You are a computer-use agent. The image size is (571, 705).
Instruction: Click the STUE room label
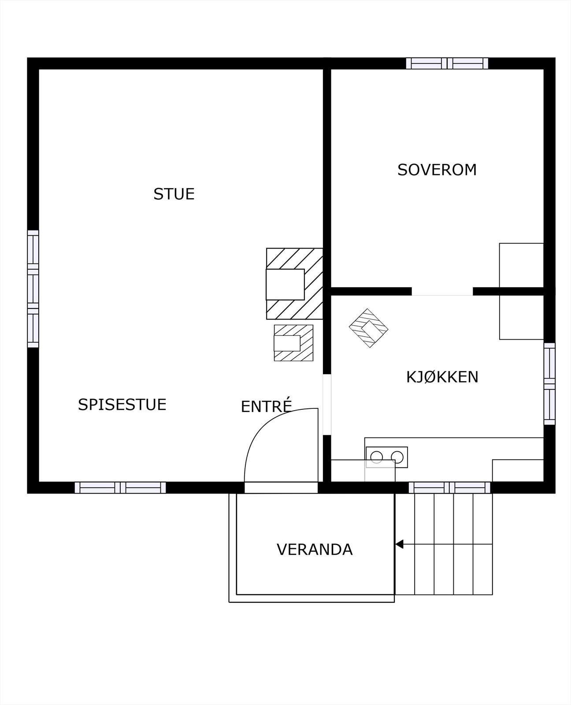174,194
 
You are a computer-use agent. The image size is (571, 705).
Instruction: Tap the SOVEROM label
437,170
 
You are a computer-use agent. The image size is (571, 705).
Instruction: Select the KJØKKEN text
442,377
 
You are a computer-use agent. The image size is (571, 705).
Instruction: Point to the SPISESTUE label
122,404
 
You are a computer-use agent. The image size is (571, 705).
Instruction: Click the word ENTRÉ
267,405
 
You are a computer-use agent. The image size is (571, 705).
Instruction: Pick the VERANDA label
315,550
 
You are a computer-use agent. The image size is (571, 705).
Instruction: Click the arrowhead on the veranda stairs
399,544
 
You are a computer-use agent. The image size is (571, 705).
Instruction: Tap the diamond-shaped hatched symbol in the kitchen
368,328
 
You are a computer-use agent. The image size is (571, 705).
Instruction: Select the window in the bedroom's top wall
447,63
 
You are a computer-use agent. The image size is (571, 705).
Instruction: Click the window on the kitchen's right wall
549,384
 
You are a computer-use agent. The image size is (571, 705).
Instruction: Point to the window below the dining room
120,487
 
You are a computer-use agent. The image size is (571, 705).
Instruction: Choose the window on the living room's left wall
33,289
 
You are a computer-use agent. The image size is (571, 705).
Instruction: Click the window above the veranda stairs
449,487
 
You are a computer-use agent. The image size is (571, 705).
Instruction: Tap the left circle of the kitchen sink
376,457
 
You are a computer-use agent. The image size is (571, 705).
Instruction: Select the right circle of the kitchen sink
397,457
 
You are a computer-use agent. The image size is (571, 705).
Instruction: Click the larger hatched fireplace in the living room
294,284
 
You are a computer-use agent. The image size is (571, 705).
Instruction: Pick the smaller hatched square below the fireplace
293,343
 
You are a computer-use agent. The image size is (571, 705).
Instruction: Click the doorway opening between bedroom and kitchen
442,292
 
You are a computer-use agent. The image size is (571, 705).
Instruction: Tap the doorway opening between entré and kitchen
327,404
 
